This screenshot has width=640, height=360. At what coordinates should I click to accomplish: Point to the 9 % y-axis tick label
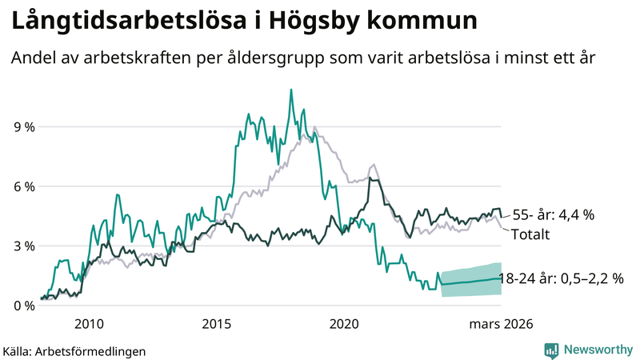pyautogui.click(x=23, y=126)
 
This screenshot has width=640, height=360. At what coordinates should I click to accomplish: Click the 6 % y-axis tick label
pyautogui.click(x=23, y=186)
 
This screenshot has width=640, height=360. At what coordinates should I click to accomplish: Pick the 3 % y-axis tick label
pyautogui.click(x=23, y=246)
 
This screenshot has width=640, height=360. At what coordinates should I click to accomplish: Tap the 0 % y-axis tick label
pyautogui.click(x=23, y=306)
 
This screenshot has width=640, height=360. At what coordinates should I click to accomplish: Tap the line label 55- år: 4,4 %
pyautogui.click(x=554, y=214)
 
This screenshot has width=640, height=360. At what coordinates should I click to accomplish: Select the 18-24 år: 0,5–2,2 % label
pyautogui.click(x=560, y=278)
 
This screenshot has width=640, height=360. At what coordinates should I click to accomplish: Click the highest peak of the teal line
pyautogui.click(x=291, y=90)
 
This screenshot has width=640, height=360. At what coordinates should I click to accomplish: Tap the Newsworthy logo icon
pyautogui.click(x=551, y=350)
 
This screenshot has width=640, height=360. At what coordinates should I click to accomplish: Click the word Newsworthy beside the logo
pyautogui.click(x=597, y=350)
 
